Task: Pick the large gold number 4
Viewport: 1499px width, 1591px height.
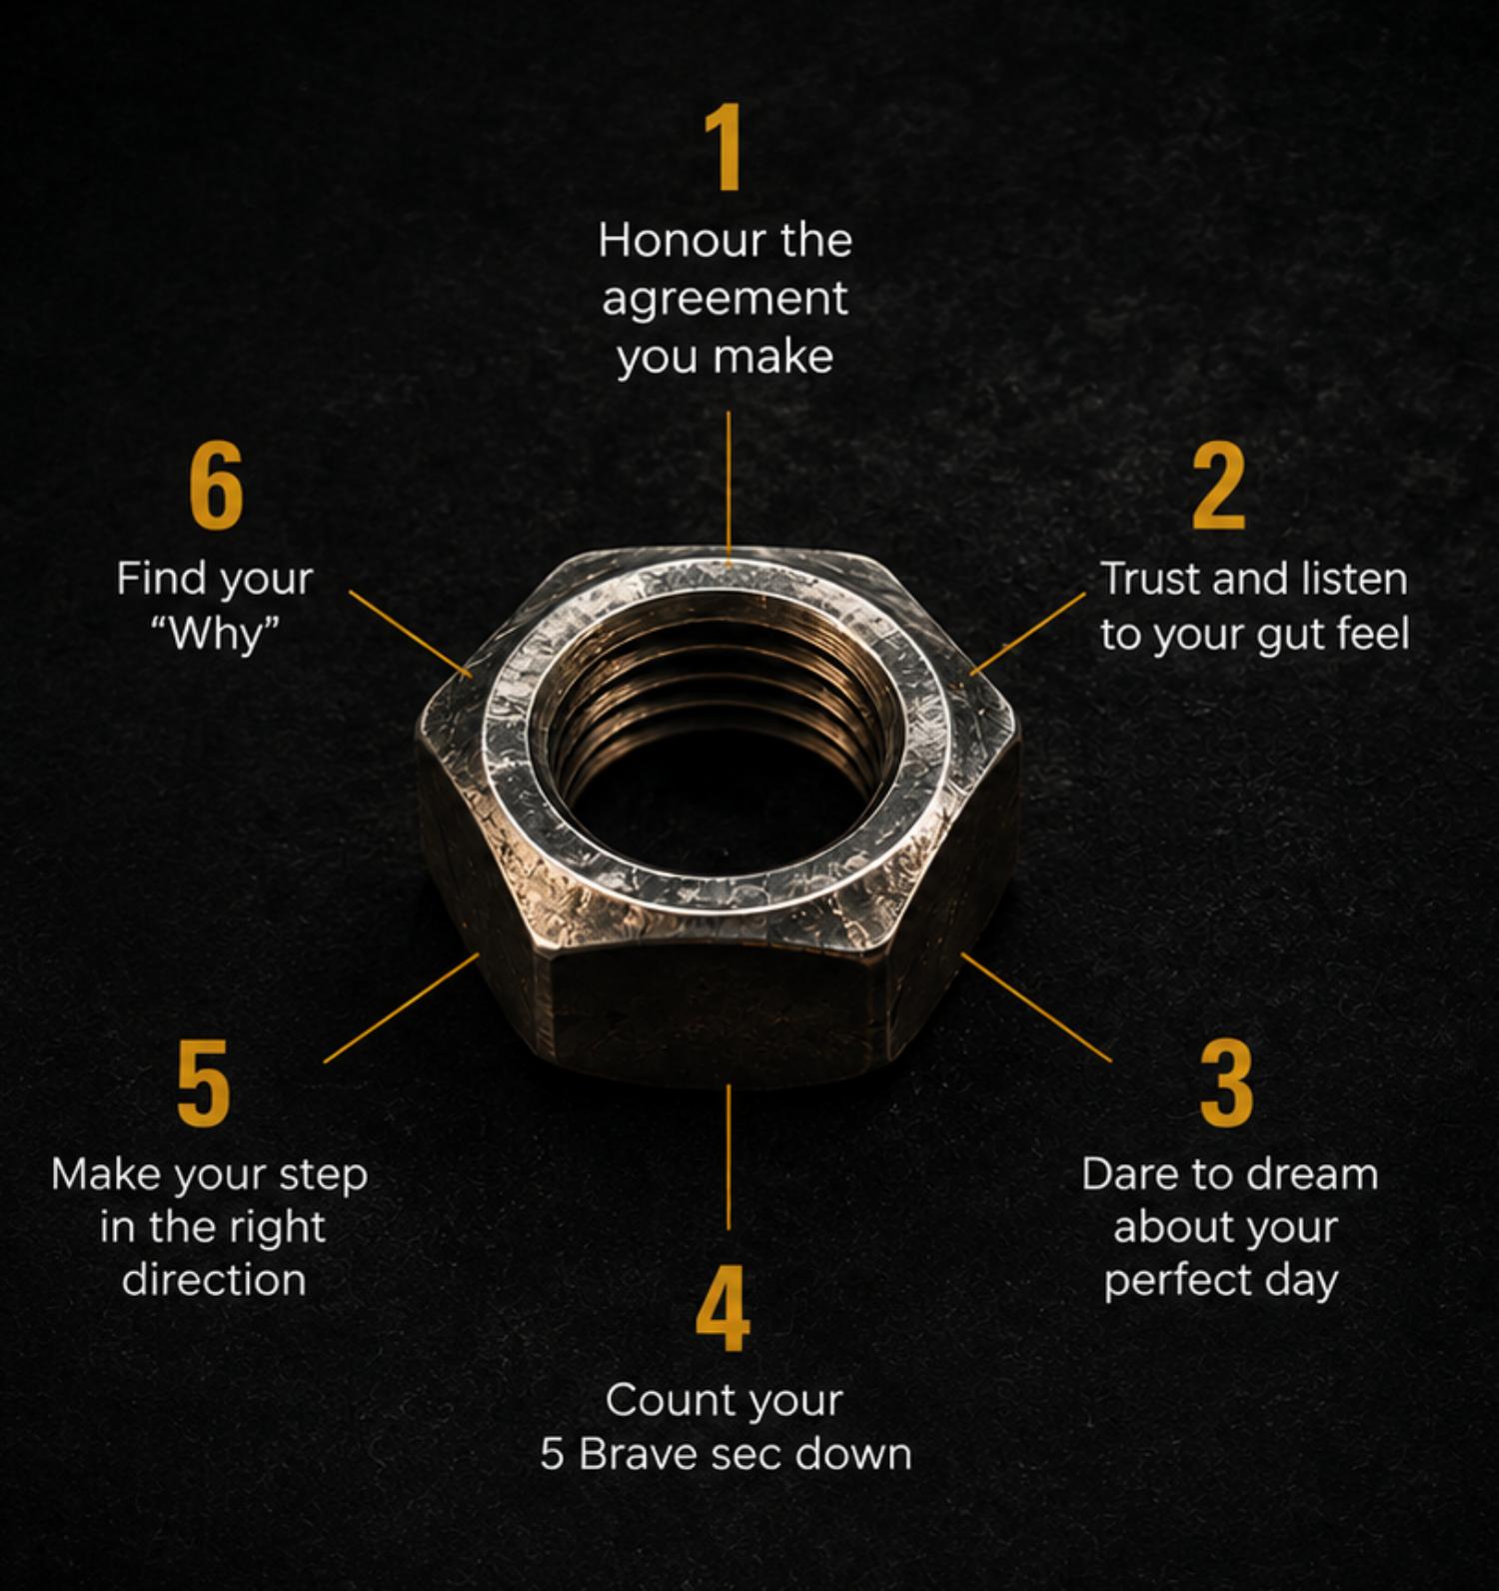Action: click(723, 1308)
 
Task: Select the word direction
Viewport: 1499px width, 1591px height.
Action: click(214, 1280)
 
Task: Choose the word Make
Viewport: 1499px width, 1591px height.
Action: click(108, 1174)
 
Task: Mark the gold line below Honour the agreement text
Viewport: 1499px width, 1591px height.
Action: click(729, 484)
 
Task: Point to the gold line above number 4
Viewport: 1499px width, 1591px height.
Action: click(729, 1156)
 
